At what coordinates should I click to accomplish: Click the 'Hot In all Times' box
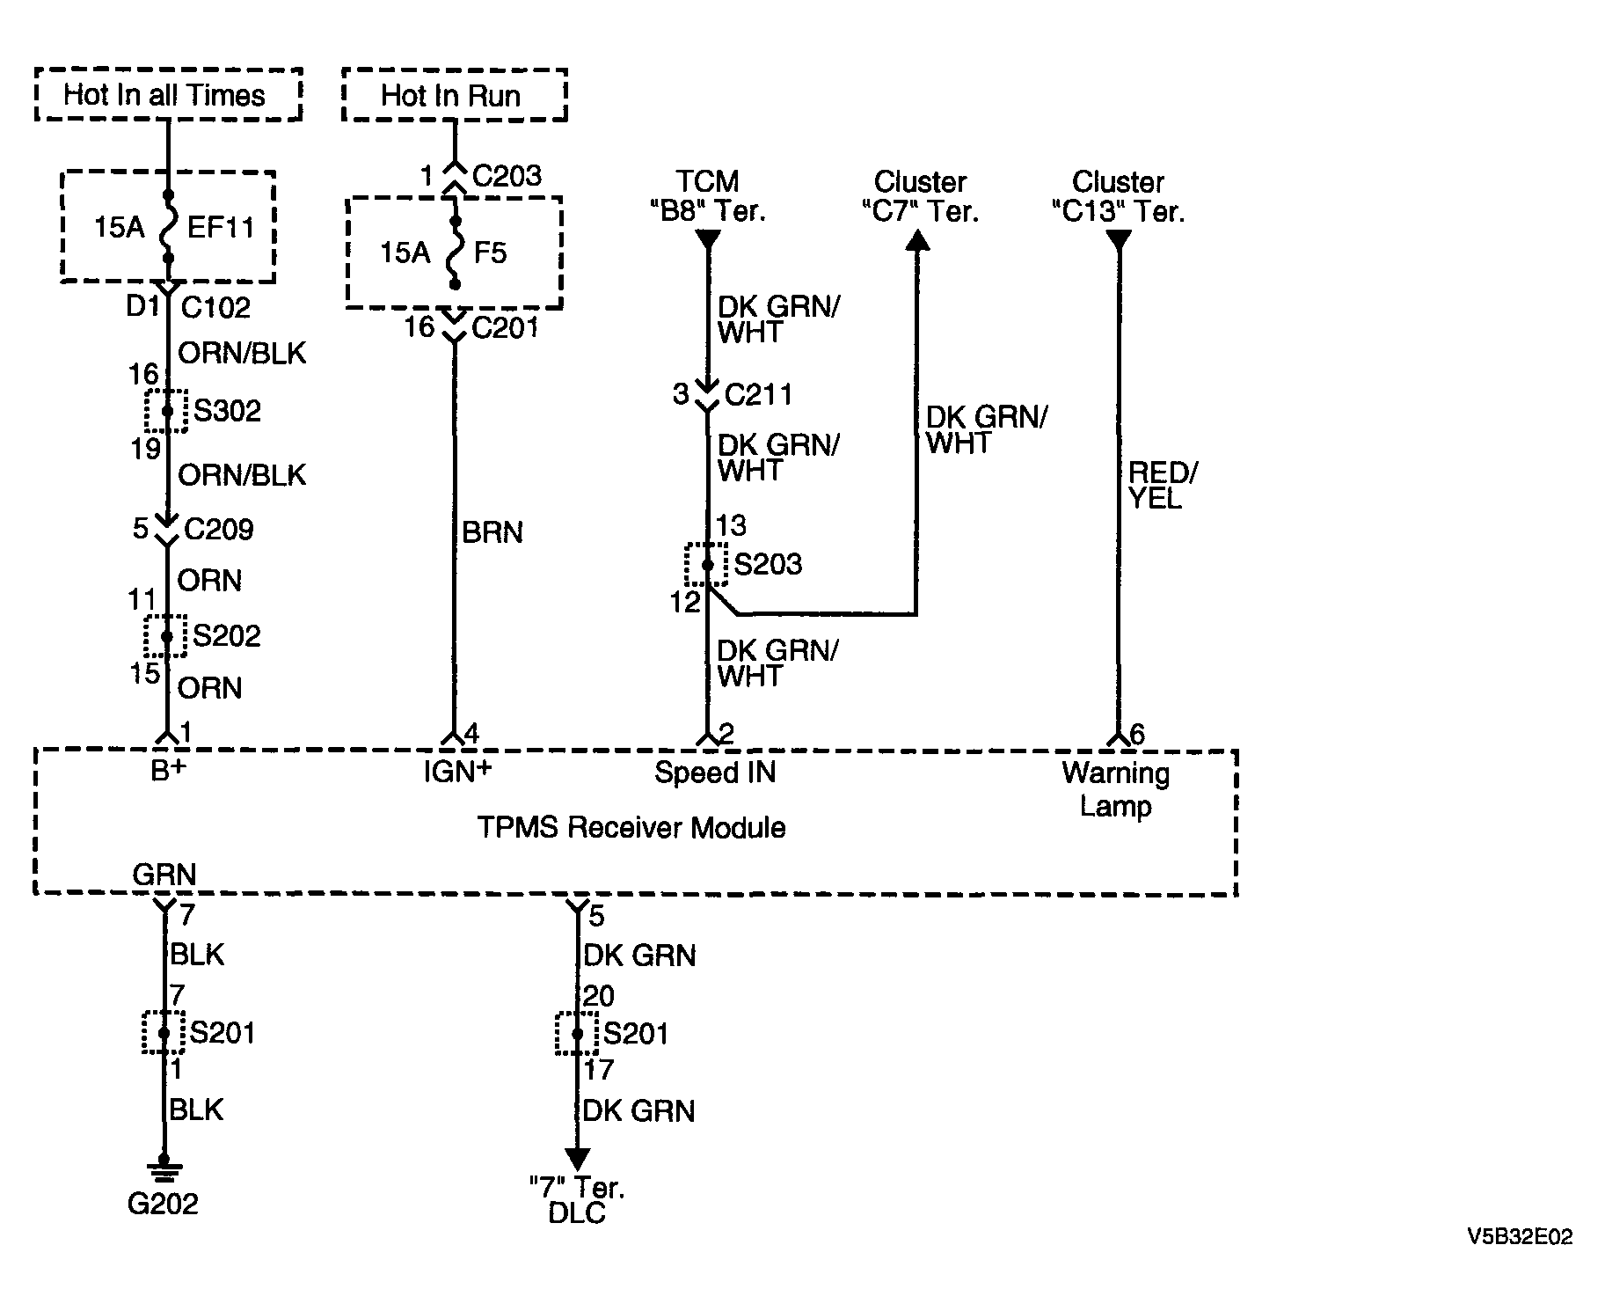tap(168, 94)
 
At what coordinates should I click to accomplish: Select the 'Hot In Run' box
tap(454, 94)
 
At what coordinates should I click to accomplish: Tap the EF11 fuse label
tap(221, 228)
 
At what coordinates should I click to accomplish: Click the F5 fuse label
tap(490, 253)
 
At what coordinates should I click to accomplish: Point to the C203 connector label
tap(507, 176)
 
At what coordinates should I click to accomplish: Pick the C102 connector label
tap(215, 307)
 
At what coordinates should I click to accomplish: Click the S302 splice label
tap(227, 411)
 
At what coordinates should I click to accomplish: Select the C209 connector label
tap(219, 529)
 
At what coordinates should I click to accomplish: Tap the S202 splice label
tap(227, 635)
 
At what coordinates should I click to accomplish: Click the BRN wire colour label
tap(492, 532)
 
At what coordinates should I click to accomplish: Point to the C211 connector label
tap(758, 394)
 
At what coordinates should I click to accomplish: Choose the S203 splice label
tap(768, 564)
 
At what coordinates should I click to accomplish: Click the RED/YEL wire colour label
tap(1163, 486)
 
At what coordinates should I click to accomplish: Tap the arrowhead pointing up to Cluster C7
tap(917, 239)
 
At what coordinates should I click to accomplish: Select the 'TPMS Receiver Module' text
tap(631, 827)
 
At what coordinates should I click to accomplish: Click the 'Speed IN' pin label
tap(715, 773)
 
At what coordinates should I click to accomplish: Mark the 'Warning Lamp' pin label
tap(1116, 789)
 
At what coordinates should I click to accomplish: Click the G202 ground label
tap(163, 1203)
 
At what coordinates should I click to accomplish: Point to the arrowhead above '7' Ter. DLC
tap(577, 1160)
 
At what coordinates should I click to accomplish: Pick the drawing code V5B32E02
tap(1520, 1236)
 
